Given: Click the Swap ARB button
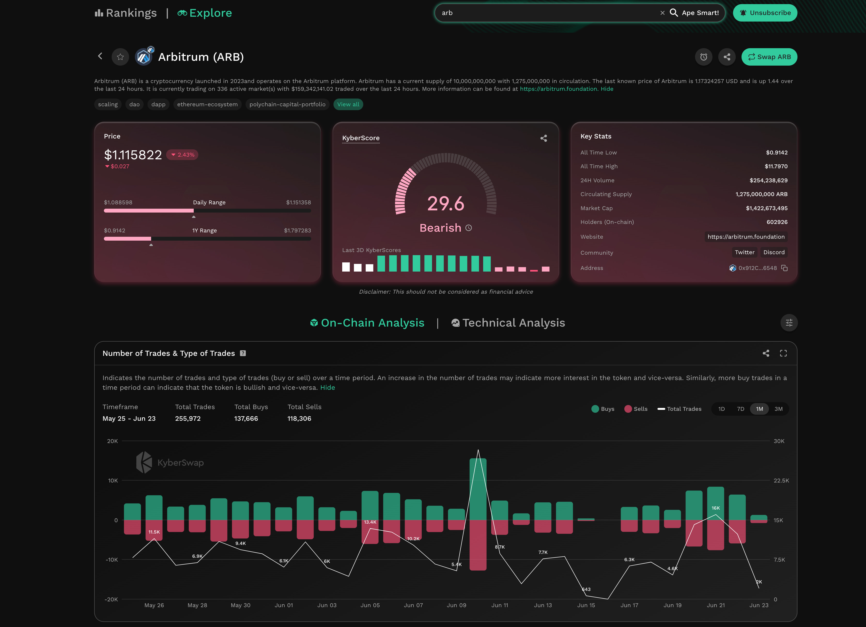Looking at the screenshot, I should [769, 57].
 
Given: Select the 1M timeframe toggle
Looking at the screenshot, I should [759, 409].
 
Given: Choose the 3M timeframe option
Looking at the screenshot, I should [778, 409].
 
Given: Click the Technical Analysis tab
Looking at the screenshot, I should [508, 323].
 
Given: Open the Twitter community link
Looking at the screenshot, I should [744, 252].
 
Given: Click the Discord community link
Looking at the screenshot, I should [773, 252].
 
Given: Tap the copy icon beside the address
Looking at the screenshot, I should [784, 268].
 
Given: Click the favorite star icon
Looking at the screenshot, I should [120, 57].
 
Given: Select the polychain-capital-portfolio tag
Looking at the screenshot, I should [287, 104].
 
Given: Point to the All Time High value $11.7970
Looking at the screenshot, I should [776, 166].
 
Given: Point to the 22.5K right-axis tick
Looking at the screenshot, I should [781, 481].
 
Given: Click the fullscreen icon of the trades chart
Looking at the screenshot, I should [783, 353].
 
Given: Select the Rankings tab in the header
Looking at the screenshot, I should [126, 13].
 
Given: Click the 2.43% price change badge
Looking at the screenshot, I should [183, 154].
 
